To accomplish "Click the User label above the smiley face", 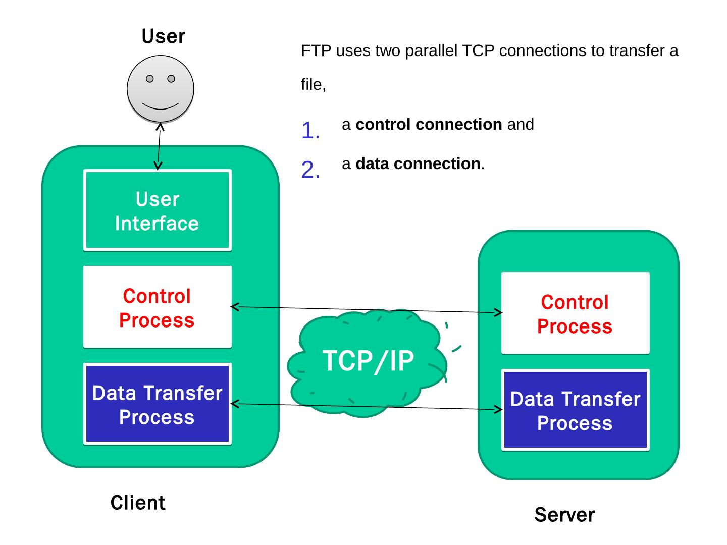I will pyautogui.click(x=163, y=37).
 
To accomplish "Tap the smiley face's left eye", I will pyautogui.click(x=150, y=79).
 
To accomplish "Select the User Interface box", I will pyautogui.click(x=157, y=210).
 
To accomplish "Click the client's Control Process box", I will pyautogui.click(x=157, y=307).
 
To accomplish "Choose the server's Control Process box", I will pyautogui.click(x=575, y=313).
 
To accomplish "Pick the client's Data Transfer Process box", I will pyautogui.click(x=157, y=404).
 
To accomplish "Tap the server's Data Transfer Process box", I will pyautogui.click(x=575, y=410).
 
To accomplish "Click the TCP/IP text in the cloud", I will pyautogui.click(x=368, y=361).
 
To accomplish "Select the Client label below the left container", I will pyautogui.click(x=138, y=503).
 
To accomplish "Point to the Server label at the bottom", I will pyautogui.click(x=564, y=515).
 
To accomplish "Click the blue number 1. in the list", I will pyautogui.click(x=310, y=131).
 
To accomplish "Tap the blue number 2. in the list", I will pyautogui.click(x=310, y=171).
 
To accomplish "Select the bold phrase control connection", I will pyautogui.click(x=429, y=125).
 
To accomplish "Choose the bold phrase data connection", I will pyautogui.click(x=418, y=164).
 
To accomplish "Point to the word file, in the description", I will pyautogui.click(x=314, y=85).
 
